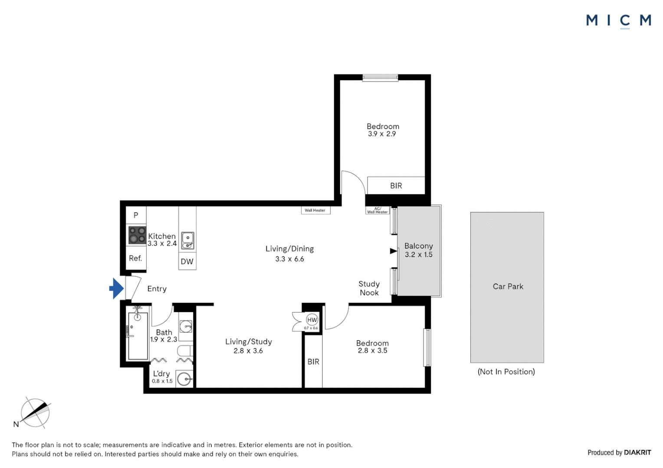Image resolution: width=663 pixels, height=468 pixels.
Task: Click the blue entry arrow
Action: tap(117, 289)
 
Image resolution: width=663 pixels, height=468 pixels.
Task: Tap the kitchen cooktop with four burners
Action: tap(138, 235)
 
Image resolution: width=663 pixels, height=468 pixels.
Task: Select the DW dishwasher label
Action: tap(187, 261)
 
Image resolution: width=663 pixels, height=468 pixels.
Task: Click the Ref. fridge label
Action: tap(135, 258)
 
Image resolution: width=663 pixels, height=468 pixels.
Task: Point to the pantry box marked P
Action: tap(136, 215)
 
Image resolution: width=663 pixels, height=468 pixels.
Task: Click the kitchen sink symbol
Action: tap(187, 240)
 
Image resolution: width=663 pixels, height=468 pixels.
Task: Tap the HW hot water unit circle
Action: tap(312, 320)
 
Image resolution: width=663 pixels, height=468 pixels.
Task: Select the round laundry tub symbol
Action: tap(184, 379)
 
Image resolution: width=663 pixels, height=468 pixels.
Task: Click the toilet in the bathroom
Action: tap(185, 351)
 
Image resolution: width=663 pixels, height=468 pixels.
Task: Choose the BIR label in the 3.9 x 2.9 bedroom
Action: tap(396, 185)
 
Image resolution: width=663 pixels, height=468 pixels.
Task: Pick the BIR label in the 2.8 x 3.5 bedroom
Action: tap(313, 361)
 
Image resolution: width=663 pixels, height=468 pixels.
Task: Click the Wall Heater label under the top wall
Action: tap(315, 210)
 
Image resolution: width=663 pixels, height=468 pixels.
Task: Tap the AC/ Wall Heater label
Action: tap(377, 210)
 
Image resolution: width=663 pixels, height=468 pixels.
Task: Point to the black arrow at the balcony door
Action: tap(394, 251)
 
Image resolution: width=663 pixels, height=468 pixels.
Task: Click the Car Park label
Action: tap(508, 286)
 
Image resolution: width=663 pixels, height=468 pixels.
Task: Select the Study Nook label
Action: tap(369, 288)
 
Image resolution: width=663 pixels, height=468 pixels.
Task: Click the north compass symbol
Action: tap(35, 413)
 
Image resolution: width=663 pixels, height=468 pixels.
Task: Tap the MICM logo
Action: tap(619, 21)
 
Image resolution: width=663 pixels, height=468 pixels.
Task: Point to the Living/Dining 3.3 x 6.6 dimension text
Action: tap(290, 259)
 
